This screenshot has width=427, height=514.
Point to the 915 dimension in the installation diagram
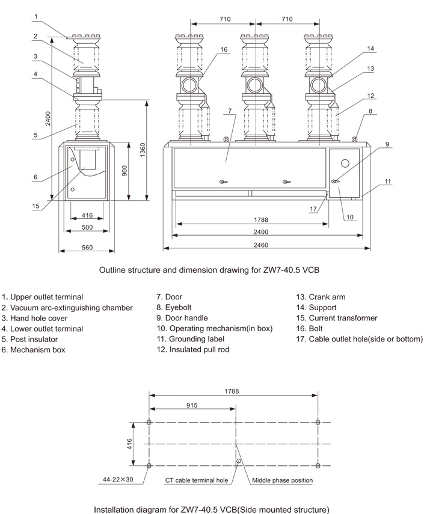(x=192, y=406)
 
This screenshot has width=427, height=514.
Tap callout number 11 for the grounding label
(x=388, y=181)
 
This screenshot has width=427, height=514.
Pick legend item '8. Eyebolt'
(x=178, y=307)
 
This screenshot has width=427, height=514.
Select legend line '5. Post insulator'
(x=29, y=339)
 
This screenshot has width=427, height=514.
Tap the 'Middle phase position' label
(x=282, y=480)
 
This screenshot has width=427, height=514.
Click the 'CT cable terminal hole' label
(x=197, y=480)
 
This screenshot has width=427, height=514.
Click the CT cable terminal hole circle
(x=239, y=462)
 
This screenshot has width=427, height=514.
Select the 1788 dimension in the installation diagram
(x=233, y=391)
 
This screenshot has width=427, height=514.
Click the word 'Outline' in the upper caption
(x=113, y=271)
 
